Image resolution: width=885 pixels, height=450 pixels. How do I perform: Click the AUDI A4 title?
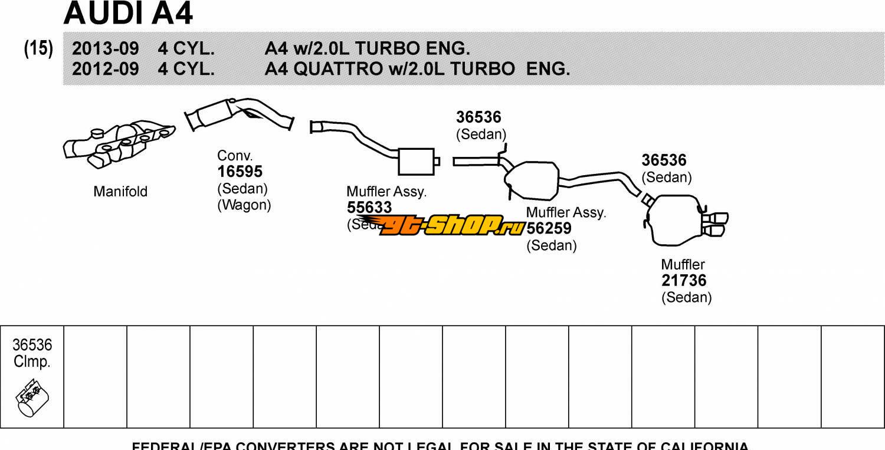point(128,14)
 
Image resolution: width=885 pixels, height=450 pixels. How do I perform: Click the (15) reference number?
point(38,48)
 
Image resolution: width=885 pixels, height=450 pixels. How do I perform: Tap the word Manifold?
point(120,192)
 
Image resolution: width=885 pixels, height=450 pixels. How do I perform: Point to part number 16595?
point(240,172)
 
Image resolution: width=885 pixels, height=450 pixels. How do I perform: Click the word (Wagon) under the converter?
point(244,205)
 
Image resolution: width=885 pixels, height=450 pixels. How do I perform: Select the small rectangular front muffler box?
point(416,161)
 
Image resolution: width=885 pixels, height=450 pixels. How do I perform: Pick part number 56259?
point(549,229)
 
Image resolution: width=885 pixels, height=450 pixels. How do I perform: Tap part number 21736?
point(683,281)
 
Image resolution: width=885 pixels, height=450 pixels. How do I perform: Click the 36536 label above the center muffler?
point(478,117)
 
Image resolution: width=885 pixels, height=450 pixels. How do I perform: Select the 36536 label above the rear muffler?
point(664,160)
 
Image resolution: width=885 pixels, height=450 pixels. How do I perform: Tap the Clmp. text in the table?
point(32,362)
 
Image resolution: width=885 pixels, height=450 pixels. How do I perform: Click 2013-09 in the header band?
point(105,48)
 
